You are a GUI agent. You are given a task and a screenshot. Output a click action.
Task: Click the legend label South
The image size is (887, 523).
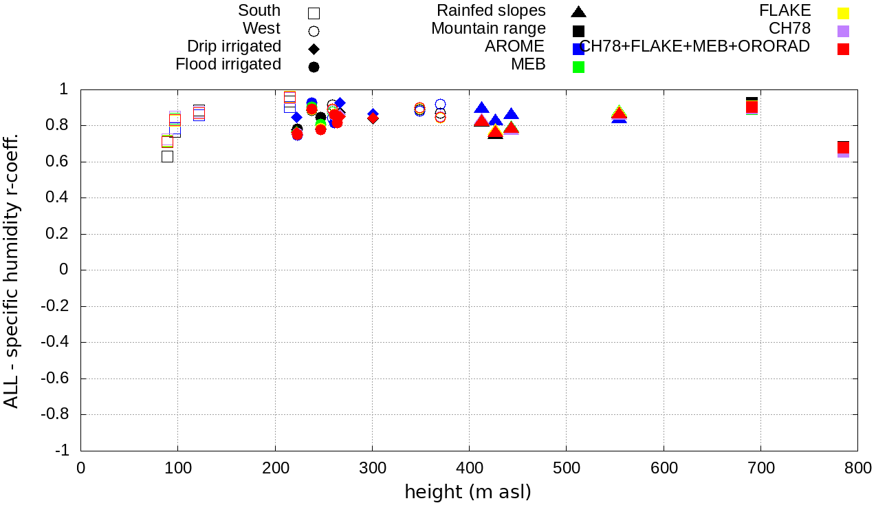pyautogui.click(x=259, y=11)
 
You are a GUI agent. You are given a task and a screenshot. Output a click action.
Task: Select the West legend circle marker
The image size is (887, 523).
pyautogui.click(x=314, y=31)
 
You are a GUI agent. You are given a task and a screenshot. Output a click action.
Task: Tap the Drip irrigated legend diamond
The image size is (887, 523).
pyautogui.click(x=314, y=49)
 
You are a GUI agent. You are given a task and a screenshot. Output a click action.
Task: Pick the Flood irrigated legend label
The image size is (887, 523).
pyautogui.click(x=228, y=65)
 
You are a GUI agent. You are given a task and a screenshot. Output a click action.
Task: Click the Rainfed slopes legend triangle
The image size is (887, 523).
pyautogui.click(x=578, y=12)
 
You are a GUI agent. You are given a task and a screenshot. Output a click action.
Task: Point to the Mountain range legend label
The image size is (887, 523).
pyautogui.click(x=488, y=29)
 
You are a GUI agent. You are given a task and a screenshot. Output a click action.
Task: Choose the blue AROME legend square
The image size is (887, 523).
pyautogui.click(x=578, y=49)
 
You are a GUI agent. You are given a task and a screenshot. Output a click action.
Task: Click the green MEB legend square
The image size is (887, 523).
pyautogui.click(x=578, y=67)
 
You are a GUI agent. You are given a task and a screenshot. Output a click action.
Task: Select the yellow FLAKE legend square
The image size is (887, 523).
pyautogui.click(x=843, y=13)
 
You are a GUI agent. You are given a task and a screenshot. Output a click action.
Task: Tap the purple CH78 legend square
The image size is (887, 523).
pyautogui.click(x=843, y=31)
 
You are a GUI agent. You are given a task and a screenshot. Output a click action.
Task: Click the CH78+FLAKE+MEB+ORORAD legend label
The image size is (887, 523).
pyautogui.click(x=694, y=47)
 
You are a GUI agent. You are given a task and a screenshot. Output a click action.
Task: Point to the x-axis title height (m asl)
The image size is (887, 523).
pyautogui.click(x=468, y=493)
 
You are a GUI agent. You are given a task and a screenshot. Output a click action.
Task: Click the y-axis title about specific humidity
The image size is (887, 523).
pyautogui.click(x=12, y=270)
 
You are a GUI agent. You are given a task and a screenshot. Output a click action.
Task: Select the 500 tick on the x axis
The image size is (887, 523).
pyautogui.click(x=566, y=469)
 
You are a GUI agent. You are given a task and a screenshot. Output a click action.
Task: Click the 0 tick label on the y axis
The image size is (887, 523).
pyautogui.click(x=64, y=270)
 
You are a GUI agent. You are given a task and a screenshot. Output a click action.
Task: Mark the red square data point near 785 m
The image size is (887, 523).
pyautogui.click(x=843, y=147)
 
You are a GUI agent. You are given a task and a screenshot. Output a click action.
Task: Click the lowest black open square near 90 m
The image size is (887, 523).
pyautogui.click(x=167, y=156)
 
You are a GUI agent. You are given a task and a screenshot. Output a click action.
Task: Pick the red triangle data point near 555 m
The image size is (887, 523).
pyautogui.click(x=620, y=114)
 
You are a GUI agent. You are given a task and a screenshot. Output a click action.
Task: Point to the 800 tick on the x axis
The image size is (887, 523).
pyautogui.click(x=857, y=469)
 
